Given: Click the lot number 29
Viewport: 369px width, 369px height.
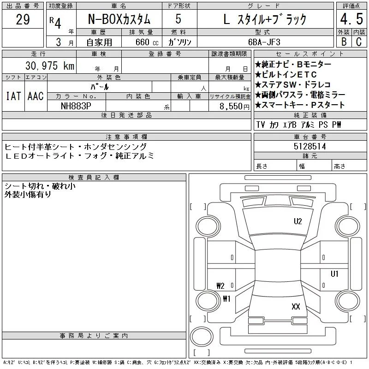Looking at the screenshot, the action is click(x=23, y=19).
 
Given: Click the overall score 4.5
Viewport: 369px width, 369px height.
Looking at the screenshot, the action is click(x=351, y=19).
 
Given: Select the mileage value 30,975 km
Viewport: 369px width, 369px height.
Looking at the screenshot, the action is click(x=50, y=65).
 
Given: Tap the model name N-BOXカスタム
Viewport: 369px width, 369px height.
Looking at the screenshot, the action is click(x=119, y=19).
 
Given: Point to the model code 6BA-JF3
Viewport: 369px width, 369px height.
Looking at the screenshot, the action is click(x=264, y=42).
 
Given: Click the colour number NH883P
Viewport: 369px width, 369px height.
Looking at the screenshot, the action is click(x=76, y=106).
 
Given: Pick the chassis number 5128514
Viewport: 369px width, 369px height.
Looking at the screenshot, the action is click(x=309, y=146).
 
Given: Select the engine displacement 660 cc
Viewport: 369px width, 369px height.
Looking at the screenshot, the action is click(x=147, y=42).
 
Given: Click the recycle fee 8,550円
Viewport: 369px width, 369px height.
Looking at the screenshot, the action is click(x=234, y=107).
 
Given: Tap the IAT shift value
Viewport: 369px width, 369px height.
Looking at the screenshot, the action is click(x=13, y=96).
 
